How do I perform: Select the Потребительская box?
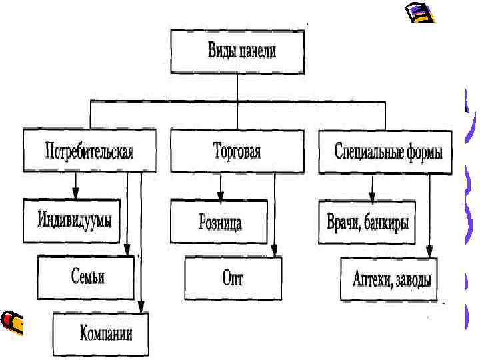tap(89, 151)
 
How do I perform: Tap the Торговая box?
tap(237, 151)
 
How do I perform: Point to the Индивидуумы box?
tap(72, 221)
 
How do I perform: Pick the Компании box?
tap(101, 333)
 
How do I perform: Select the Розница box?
tap(219, 222)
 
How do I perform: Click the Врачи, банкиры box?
tap(367, 222)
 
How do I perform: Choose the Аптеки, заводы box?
tap(391, 279)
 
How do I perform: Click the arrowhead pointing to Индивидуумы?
tap(75, 194)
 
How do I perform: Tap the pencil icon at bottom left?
tap(13, 322)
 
